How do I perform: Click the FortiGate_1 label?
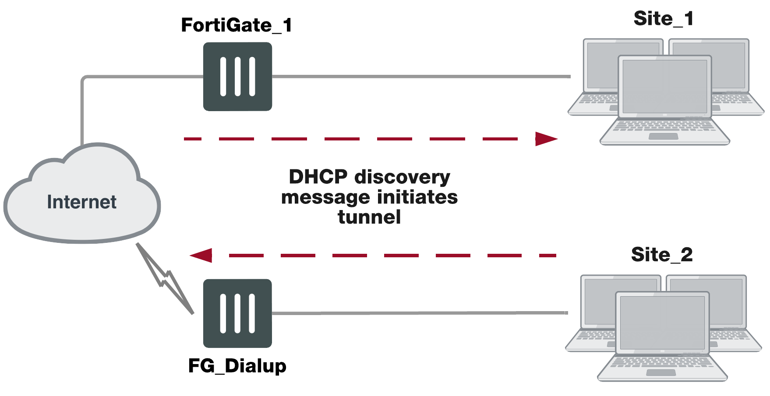237,25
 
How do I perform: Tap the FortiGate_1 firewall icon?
237,77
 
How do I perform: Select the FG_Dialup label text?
237,366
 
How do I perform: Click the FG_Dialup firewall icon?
237,313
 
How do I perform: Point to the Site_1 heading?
663,19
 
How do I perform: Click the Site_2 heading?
662,255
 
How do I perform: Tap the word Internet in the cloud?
81,202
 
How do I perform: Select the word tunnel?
369,217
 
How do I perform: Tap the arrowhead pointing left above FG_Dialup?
201,255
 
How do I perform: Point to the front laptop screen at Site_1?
664,86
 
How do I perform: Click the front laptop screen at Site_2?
662,322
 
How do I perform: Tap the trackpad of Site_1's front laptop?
663,137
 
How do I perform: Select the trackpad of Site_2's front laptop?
661,373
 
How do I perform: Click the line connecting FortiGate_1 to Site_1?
420,77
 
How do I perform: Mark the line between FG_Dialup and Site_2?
420,313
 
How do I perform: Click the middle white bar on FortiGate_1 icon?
237,77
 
